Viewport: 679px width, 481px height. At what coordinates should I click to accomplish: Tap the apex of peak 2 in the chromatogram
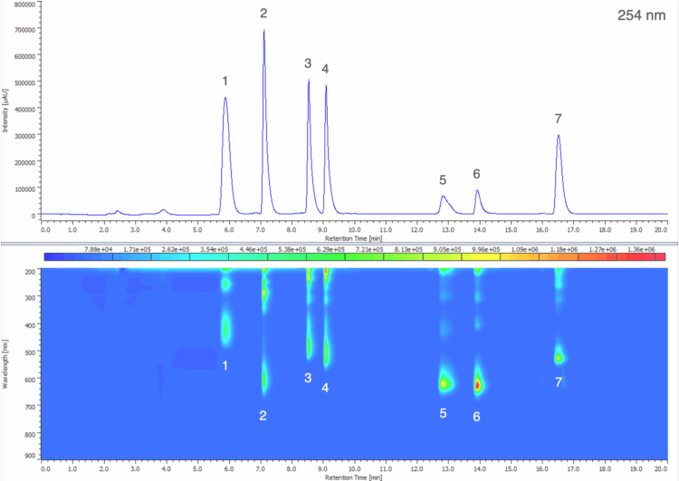[x=264, y=32]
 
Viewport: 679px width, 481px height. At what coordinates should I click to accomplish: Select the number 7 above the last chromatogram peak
[x=559, y=119]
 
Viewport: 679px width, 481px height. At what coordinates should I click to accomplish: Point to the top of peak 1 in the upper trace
[x=225, y=98]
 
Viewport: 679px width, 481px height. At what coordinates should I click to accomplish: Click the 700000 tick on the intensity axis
[x=22, y=30]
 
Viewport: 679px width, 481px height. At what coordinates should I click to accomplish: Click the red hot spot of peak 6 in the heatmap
[x=477, y=384]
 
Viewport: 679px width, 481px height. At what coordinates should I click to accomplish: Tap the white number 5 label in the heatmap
[x=444, y=413]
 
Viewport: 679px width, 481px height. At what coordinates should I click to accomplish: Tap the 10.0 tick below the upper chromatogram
[x=355, y=229]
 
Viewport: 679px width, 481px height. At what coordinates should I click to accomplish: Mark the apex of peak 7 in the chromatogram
[x=559, y=136]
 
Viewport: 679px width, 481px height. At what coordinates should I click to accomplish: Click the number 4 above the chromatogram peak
[x=325, y=69]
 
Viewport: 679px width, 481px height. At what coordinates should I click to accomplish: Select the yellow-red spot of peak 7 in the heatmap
[x=559, y=359]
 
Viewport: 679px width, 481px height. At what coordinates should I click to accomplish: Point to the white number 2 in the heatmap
[x=263, y=416]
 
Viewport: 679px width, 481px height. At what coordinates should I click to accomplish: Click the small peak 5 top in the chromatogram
[x=444, y=197]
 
